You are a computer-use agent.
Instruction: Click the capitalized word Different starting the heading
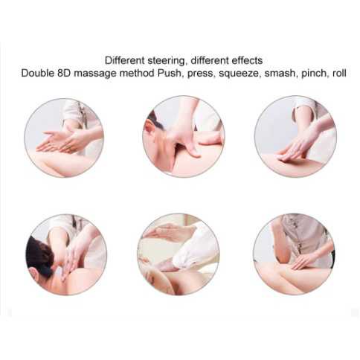tap(124, 60)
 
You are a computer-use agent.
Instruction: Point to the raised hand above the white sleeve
tap(160, 234)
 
